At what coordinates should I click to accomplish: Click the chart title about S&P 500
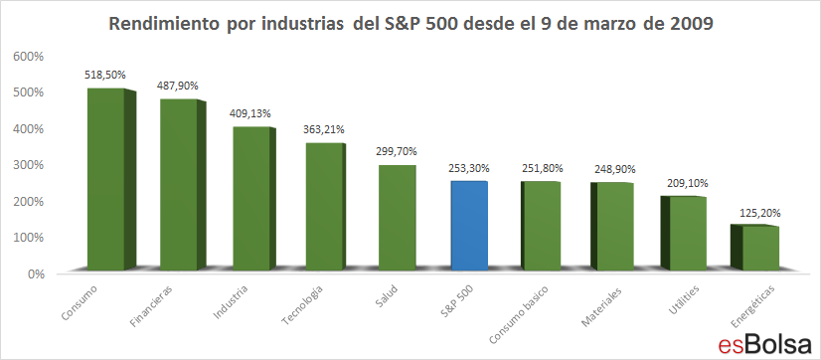click(x=410, y=25)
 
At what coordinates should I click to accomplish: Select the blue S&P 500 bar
click(x=470, y=226)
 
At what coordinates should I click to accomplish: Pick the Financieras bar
click(x=183, y=184)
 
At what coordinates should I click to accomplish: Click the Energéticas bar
click(x=755, y=248)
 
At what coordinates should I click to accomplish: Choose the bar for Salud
click(x=397, y=218)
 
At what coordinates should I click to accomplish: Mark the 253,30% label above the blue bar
click(x=470, y=169)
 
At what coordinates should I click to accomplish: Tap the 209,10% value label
click(x=688, y=184)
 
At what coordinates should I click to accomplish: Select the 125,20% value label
click(x=760, y=213)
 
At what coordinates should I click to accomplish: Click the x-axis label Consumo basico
click(x=519, y=315)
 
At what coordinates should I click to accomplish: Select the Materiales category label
click(x=601, y=307)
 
